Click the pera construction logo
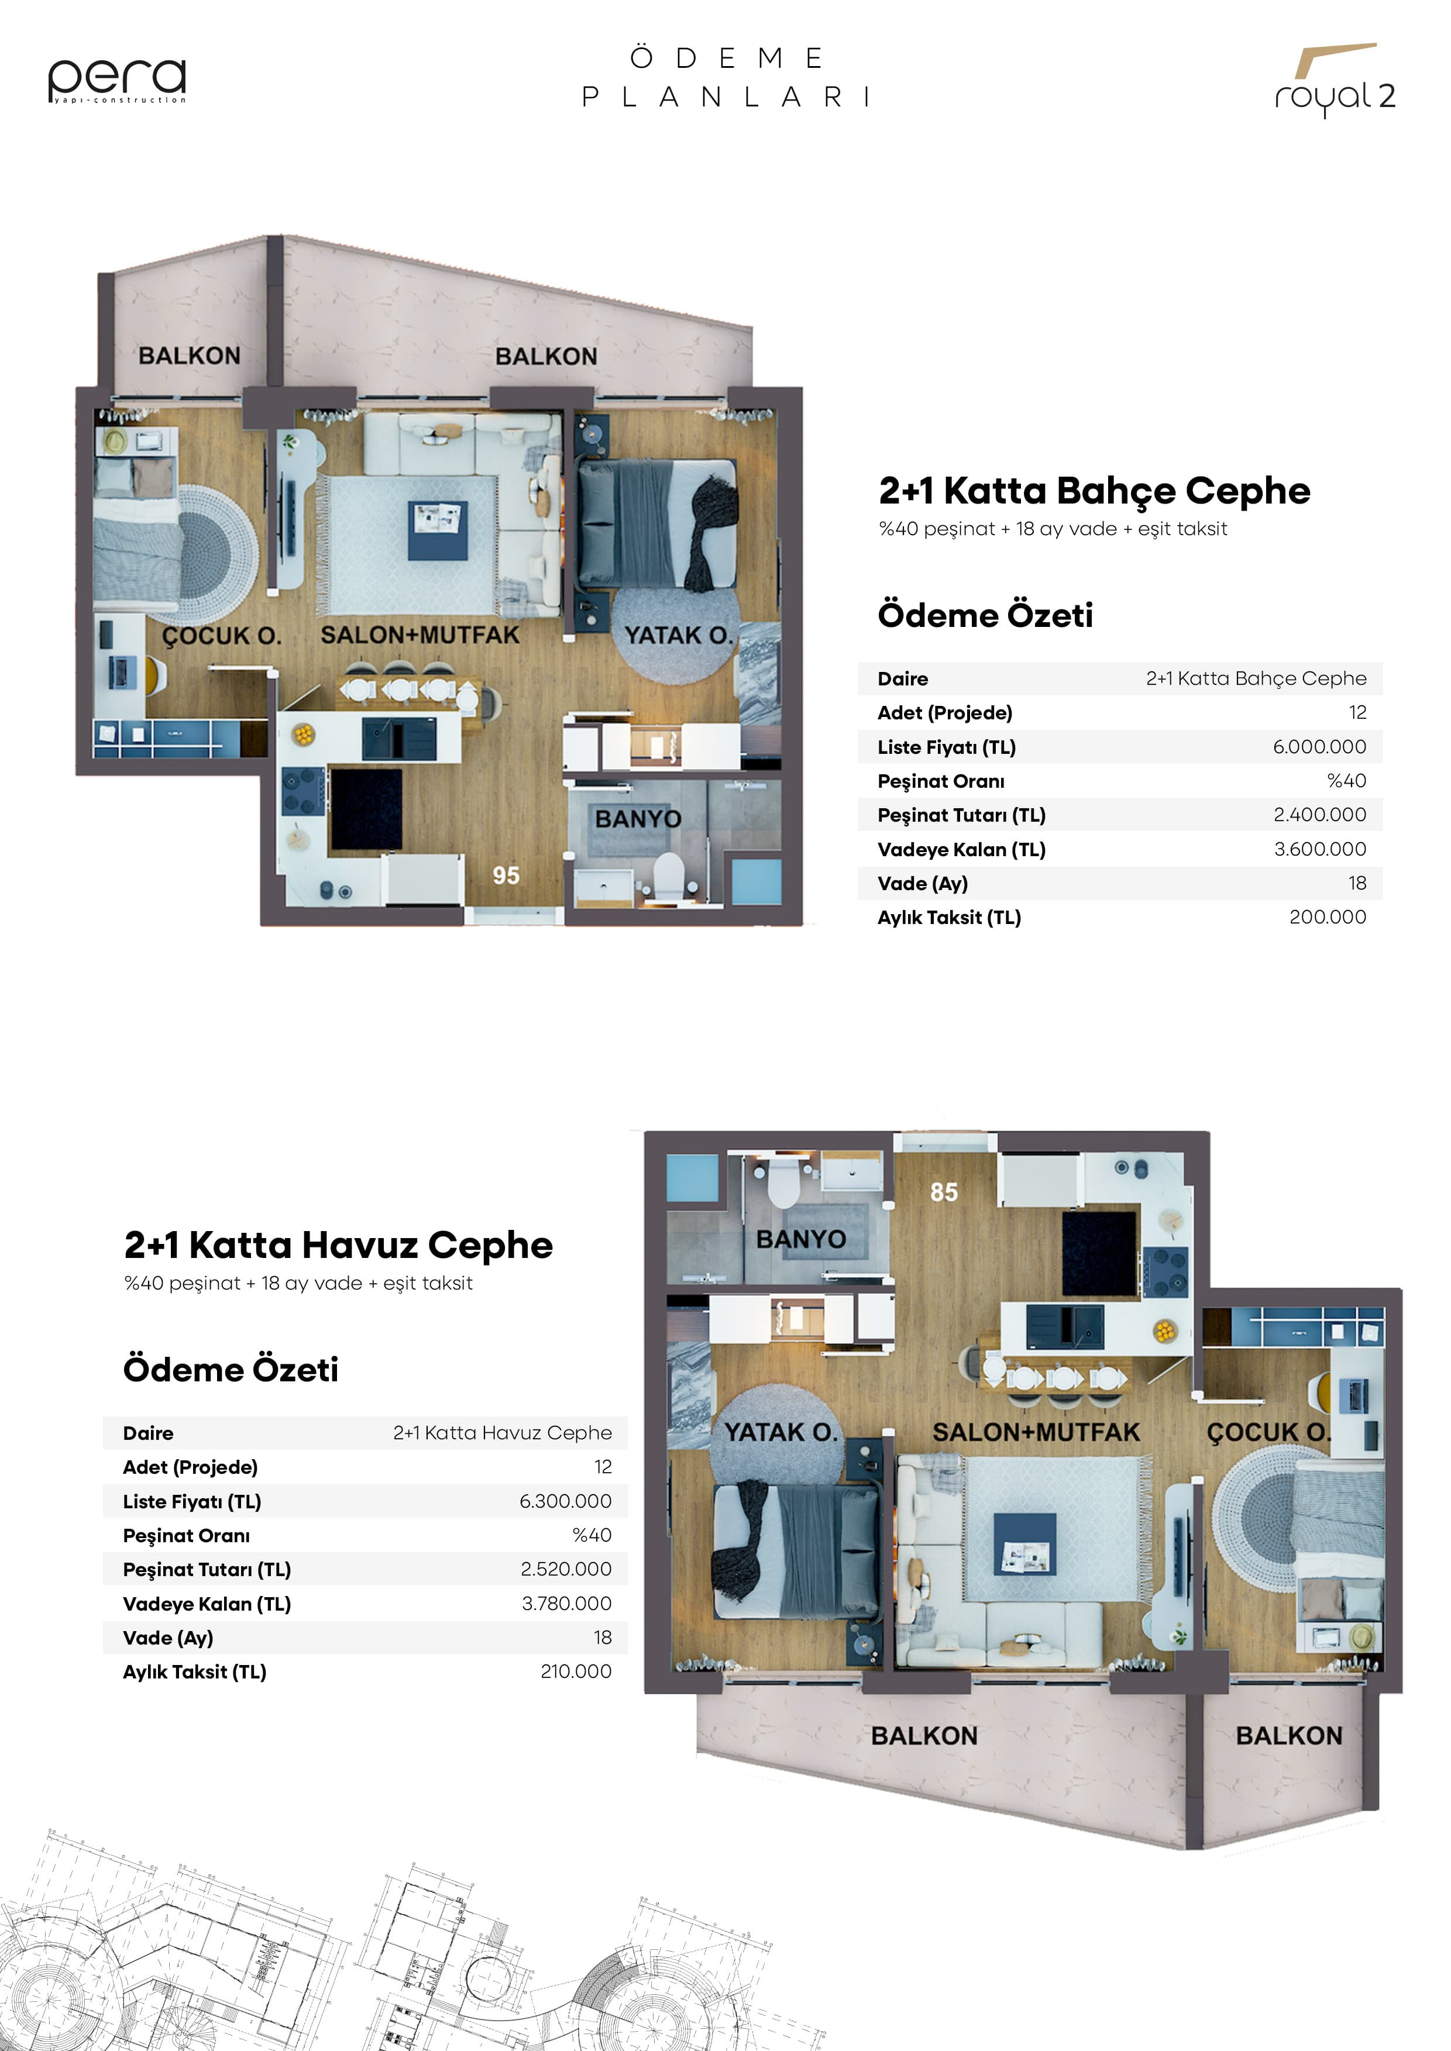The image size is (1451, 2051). [117, 80]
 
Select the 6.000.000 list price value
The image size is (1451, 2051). [1319, 747]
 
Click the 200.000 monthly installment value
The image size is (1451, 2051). [1327, 916]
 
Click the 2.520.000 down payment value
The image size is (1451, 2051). [566, 1570]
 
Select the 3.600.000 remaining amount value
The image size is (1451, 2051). [1320, 849]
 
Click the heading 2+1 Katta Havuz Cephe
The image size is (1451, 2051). [338, 1245]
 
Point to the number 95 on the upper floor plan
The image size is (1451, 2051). [506, 875]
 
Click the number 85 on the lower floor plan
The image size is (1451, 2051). [944, 1192]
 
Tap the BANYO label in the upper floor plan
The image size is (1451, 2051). [638, 818]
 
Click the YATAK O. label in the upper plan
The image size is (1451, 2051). [678, 635]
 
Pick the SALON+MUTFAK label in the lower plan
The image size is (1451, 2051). [1036, 1432]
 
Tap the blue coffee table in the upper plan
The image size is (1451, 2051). [438, 530]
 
